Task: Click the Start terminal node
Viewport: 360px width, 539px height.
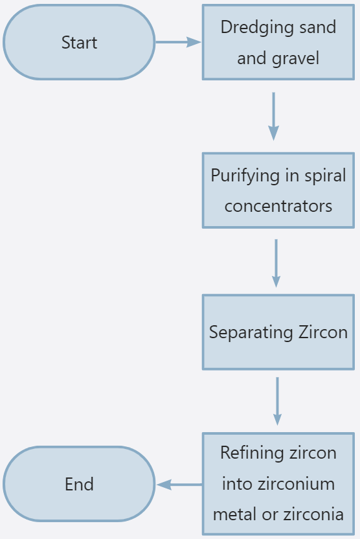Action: [79, 42]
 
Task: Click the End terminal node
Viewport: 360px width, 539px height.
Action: [79, 484]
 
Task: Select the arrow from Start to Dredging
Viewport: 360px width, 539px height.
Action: [178, 42]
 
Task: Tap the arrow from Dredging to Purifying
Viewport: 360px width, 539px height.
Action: [273, 116]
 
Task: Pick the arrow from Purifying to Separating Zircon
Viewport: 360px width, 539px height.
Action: [276, 263]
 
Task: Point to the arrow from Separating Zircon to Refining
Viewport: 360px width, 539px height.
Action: [277, 402]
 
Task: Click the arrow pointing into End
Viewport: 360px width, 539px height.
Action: [179, 485]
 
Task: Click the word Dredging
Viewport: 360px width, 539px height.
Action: [255, 28]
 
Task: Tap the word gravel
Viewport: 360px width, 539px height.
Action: [295, 58]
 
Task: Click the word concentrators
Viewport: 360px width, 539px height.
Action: [278, 206]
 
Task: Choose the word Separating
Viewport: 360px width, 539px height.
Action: [251, 333]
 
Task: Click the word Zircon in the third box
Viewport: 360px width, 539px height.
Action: [323, 332]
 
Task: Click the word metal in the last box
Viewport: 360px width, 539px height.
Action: [234, 514]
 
